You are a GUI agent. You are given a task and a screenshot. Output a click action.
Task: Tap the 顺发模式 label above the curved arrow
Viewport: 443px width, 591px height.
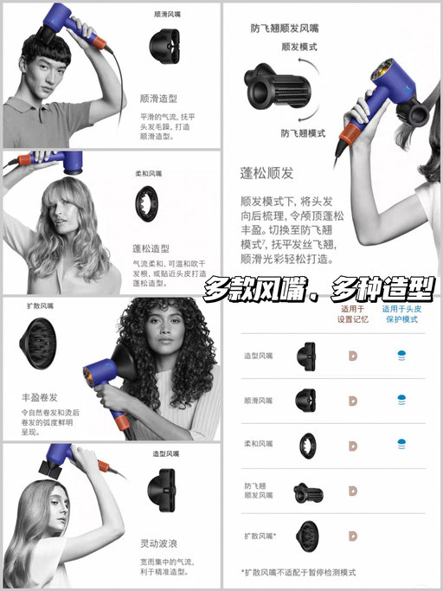pyautogui.click(x=299, y=48)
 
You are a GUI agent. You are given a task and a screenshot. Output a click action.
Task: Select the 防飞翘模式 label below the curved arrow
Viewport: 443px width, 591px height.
pyautogui.click(x=303, y=133)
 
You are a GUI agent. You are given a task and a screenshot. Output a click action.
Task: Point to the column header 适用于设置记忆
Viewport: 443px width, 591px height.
pyautogui.click(x=352, y=312)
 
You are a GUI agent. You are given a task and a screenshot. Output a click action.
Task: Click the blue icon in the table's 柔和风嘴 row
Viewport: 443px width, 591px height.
pyautogui.click(x=401, y=444)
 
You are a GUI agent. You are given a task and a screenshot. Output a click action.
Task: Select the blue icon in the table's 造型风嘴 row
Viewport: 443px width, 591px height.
pyautogui.click(x=401, y=354)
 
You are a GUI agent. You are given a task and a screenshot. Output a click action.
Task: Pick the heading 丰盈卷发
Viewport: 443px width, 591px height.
pyautogui.click(x=41, y=397)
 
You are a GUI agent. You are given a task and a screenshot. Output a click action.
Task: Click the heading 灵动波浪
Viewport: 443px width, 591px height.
pyautogui.click(x=158, y=543)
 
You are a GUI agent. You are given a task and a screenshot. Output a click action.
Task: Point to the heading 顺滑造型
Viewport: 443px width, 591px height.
pyautogui.click(x=158, y=99)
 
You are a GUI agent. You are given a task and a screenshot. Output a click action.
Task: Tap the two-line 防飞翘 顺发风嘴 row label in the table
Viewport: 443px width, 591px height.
pyautogui.click(x=258, y=491)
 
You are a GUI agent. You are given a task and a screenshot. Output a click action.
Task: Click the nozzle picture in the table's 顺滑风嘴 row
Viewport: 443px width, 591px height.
pyautogui.click(x=305, y=399)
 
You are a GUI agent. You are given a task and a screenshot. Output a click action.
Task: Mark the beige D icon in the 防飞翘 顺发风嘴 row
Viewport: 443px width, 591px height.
pyautogui.click(x=352, y=491)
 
